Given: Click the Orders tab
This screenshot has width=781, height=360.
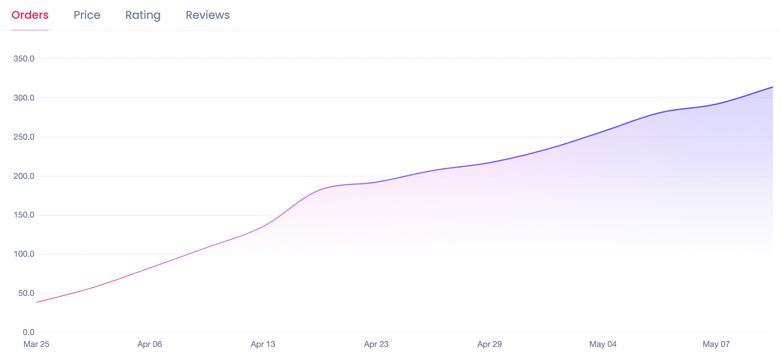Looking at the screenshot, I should pyautogui.click(x=30, y=15).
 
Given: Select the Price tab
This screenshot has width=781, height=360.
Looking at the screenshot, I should pyautogui.click(x=87, y=15).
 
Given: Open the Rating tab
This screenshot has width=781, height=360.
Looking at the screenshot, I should pyautogui.click(x=143, y=15).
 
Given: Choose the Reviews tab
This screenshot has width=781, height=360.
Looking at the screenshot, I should pyautogui.click(x=208, y=15).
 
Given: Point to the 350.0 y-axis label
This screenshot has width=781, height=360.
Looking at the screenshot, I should pyautogui.click(x=24, y=59).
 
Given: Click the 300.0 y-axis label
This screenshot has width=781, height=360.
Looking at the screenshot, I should pyautogui.click(x=24, y=98).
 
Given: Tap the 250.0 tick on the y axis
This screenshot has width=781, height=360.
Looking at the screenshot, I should pyautogui.click(x=24, y=137).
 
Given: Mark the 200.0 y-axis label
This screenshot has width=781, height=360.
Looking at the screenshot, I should pyautogui.click(x=24, y=176).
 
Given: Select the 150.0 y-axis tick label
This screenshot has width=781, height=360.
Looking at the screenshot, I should pyautogui.click(x=24, y=215).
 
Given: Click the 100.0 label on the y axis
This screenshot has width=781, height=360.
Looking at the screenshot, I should pyautogui.click(x=24, y=254).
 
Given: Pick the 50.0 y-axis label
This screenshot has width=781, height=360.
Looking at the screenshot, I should pyautogui.click(x=26, y=293).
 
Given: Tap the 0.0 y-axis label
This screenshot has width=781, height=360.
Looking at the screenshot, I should pyautogui.click(x=28, y=332).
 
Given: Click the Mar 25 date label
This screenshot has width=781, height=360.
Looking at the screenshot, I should pyautogui.click(x=36, y=344).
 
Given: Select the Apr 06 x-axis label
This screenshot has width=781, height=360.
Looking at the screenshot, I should pyautogui.click(x=150, y=344).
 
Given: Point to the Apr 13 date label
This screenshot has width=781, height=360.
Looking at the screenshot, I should pyautogui.click(x=263, y=344).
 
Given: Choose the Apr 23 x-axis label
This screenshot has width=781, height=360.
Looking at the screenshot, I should pyautogui.click(x=376, y=344).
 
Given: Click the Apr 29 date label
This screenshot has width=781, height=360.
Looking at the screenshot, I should pyautogui.click(x=490, y=344).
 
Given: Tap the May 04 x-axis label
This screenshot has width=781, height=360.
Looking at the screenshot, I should pyautogui.click(x=603, y=344).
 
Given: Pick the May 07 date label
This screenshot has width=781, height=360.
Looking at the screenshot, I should pyautogui.click(x=716, y=344).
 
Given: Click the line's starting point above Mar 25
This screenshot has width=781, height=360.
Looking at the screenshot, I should pyautogui.click(x=37, y=302).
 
